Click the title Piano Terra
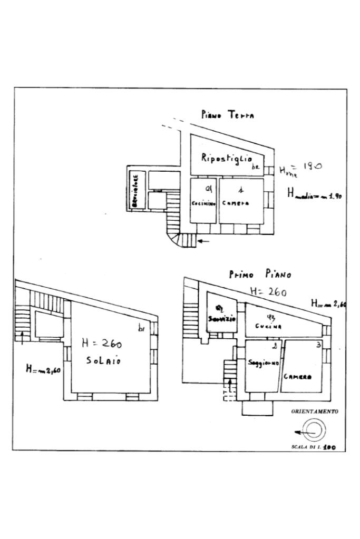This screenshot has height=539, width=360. point(227,115)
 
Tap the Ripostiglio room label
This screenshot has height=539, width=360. point(226,158)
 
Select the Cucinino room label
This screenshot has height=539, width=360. point(203,203)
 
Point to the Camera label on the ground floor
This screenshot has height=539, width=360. point(235,203)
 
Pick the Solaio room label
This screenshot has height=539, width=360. point(103,361)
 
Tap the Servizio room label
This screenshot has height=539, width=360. point(221,319)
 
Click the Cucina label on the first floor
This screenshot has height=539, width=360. point(269,326)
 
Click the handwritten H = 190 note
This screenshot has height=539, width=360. point(300,168)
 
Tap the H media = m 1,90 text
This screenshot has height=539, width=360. point(315,194)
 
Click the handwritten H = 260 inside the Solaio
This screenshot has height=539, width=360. point(102,345)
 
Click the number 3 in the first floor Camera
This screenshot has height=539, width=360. point(318,346)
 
